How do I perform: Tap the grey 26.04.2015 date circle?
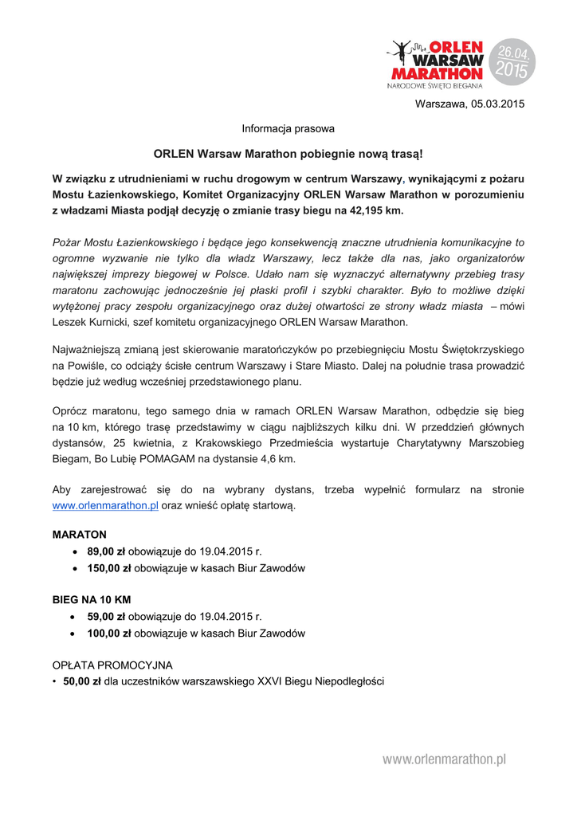pyautogui.click(x=512, y=61)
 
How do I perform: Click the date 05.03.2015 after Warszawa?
pyautogui.click(x=497, y=104)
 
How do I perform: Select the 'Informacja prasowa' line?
pyautogui.click(x=288, y=128)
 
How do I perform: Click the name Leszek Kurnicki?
pyautogui.click(x=88, y=323)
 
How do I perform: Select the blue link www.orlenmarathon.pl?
pyautogui.click(x=105, y=505)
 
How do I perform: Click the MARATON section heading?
pyautogui.click(x=80, y=534)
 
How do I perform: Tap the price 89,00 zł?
pyautogui.click(x=106, y=551)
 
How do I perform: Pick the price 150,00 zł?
pyautogui.click(x=109, y=568)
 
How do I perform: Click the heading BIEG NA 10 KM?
pyautogui.click(x=92, y=599)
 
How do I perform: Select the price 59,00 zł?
pyautogui.click(x=106, y=616)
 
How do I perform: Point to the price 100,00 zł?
pyautogui.click(x=109, y=634)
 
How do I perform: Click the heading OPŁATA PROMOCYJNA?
pyautogui.click(x=112, y=665)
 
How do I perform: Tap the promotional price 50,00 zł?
pyautogui.click(x=82, y=681)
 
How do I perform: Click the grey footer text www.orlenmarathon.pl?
pyautogui.click(x=444, y=759)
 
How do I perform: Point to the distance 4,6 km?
pyautogui.click(x=276, y=459)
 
